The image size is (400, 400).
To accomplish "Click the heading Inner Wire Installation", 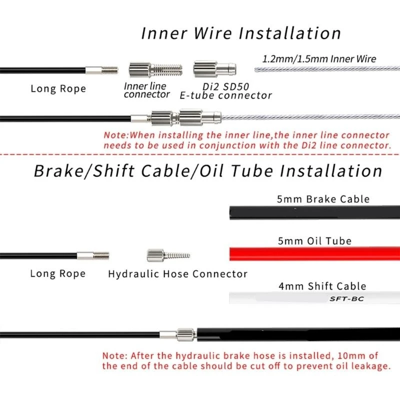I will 241,33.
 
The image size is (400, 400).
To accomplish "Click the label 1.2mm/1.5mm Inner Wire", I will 319,58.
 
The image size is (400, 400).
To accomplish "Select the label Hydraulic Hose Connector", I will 177,274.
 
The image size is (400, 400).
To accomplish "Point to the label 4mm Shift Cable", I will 322,286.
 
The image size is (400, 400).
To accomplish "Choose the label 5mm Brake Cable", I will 323,199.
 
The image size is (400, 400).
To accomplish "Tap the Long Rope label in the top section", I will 58,89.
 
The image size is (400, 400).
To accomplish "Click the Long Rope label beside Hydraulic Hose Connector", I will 57,274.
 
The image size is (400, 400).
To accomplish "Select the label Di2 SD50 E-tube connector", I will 225,90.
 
